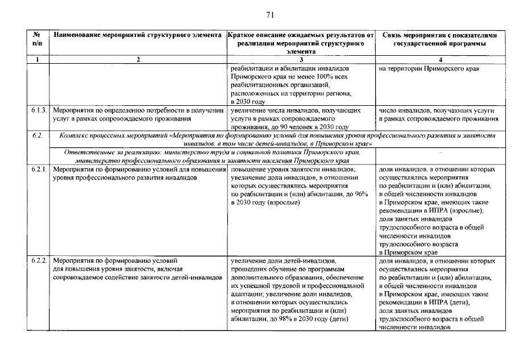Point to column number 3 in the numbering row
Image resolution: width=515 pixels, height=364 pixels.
click(x=301, y=59)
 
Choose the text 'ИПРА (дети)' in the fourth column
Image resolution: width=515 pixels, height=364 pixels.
click(x=448, y=302)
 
